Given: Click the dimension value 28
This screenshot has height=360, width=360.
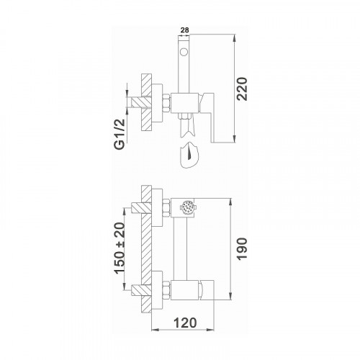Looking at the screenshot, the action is coord(184,30).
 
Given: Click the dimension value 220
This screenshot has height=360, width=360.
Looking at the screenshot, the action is coord(242,89).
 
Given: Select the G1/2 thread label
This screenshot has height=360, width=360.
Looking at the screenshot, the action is coord(120,134).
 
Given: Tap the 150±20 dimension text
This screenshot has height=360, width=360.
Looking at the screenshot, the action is coord(120,248).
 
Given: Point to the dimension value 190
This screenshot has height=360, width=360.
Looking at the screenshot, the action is coord(242,249).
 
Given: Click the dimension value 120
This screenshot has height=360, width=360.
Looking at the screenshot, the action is coord(185,323).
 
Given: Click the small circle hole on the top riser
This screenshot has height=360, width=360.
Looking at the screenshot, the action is coord(184,52).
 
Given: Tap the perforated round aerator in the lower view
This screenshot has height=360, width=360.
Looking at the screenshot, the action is coord(187,207).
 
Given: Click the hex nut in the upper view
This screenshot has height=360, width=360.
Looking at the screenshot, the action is coord(166,103).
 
